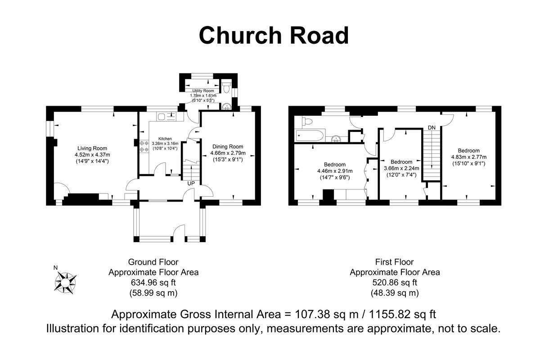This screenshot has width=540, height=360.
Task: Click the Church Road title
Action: [x=274, y=35]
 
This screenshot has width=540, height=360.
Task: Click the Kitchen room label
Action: [x=165, y=139]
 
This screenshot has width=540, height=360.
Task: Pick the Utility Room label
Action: [x=203, y=91]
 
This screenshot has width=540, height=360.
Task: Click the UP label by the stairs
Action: [x=191, y=184]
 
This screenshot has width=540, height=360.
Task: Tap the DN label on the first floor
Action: [x=432, y=128]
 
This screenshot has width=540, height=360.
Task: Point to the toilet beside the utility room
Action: [x=226, y=85]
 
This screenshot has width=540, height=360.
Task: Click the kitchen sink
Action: [x=167, y=116]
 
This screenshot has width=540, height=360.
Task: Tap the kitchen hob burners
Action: [x=144, y=146]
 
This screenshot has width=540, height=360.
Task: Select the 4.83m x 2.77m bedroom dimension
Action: [x=468, y=157]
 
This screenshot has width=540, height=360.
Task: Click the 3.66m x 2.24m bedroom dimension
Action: [x=401, y=168]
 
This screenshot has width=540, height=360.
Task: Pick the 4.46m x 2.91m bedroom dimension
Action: [x=334, y=171]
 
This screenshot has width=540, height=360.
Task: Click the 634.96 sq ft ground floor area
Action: [x=153, y=283]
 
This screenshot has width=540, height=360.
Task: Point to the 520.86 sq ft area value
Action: [x=395, y=283]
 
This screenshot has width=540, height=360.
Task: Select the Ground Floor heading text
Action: [x=153, y=262]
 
